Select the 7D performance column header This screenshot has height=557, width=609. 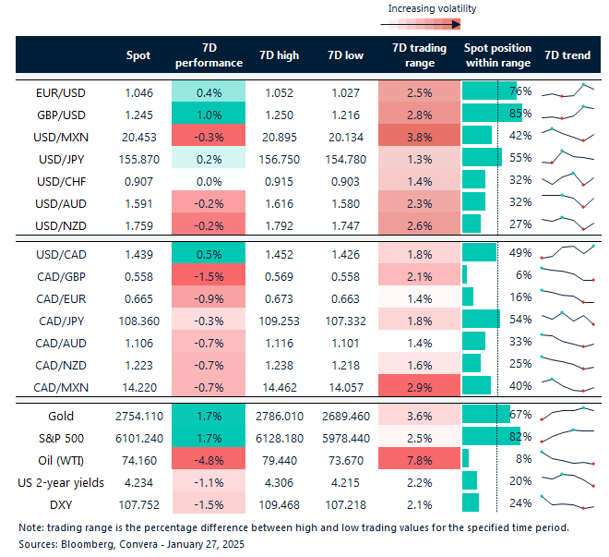pos(208,55)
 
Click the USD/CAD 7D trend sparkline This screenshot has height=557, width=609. pos(567,252)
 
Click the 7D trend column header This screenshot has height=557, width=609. pos(567,55)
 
